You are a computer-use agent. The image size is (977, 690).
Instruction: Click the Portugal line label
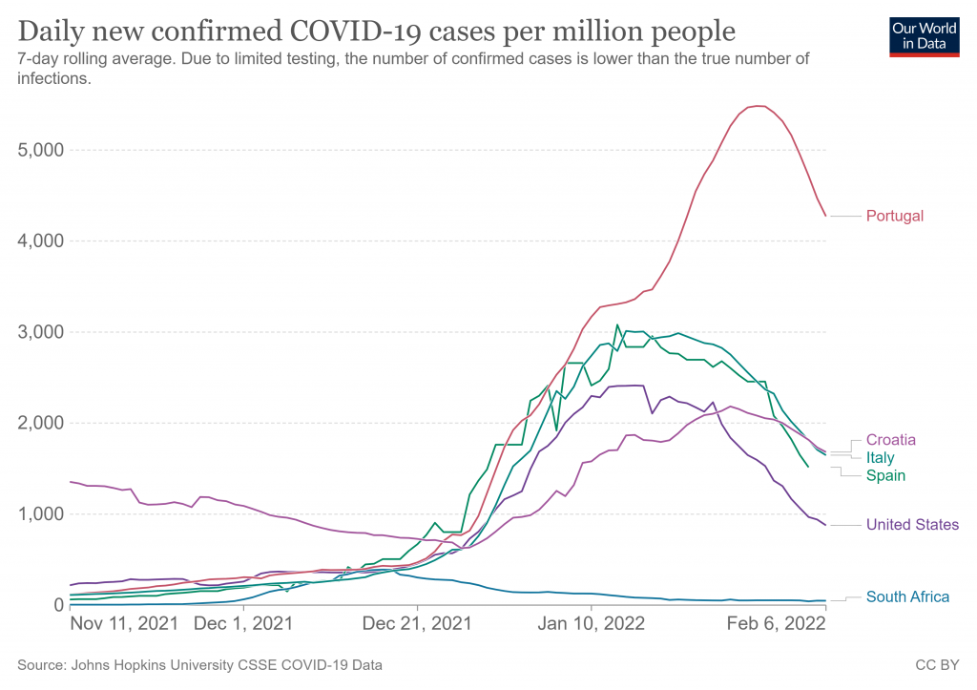coord(894,216)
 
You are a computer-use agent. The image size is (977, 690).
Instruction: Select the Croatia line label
coord(891,440)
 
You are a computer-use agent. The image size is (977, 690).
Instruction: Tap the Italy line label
coord(881,458)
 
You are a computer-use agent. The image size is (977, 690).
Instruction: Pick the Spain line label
coord(885,475)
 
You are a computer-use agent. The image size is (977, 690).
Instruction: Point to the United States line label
coord(912,524)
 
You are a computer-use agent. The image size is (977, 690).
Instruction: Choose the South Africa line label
coord(907,596)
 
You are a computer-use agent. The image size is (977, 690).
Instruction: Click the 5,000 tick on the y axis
coord(41,150)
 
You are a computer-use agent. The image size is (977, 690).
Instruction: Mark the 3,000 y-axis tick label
coord(41,332)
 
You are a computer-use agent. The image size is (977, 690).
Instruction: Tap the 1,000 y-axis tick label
coord(41,514)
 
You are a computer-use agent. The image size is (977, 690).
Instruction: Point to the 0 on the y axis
coord(58,605)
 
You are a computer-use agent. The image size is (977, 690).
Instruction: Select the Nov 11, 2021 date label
coord(124,624)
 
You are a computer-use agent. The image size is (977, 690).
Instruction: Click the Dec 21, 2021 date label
coord(417,624)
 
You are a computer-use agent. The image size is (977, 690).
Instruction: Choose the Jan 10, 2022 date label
coord(591,624)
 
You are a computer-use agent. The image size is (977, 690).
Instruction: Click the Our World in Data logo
coord(924,34)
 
